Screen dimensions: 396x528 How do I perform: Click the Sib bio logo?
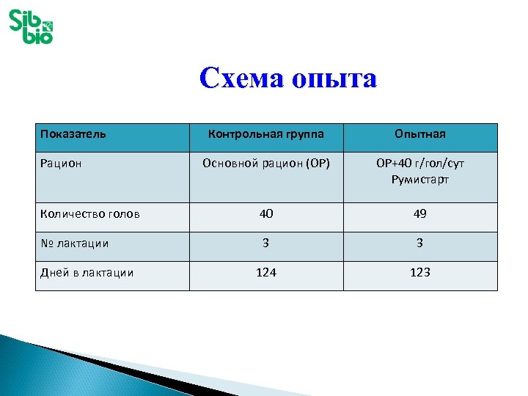pyautogui.click(x=31, y=26)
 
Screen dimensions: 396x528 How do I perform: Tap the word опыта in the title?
pyautogui.click(x=334, y=78)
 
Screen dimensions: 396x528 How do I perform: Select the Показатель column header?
pyautogui.click(x=73, y=134)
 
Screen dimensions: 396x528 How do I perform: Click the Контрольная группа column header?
pyautogui.click(x=265, y=134)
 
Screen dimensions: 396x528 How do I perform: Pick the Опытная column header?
pyautogui.click(x=419, y=134)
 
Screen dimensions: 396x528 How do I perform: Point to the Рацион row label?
pyautogui.click(x=61, y=163)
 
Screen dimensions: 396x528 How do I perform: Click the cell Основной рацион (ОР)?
pyautogui.click(x=265, y=163)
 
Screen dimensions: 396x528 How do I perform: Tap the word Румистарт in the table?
pyautogui.click(x=420, y=179)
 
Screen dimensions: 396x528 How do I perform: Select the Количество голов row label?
pyautogui.click(x=89, y=214)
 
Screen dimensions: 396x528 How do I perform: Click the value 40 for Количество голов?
pyautogui.click(x=265, y=214)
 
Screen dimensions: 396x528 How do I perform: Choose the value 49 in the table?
pyautogui.click(x=419, y=214)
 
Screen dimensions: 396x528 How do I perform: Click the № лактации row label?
pyautogui.click(x=75, y=243)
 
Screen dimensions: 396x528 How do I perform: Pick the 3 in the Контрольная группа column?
pyautogui.click(x=265, y=243)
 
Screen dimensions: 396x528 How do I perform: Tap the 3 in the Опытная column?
pyautogui.click(x=419, y=243)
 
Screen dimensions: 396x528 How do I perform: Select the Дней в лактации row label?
pyautogui.click(x=87, y=272)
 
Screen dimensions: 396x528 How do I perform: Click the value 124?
pyautogui.click(x=265, y=272)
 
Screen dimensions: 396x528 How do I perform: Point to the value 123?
pyautogui.click(x=419, y=272)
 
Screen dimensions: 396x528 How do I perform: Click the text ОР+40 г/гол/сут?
pyautogui.click(x=420, y=163)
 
